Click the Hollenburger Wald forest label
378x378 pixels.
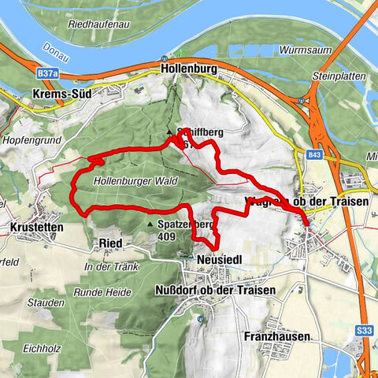click(x=136, y=181)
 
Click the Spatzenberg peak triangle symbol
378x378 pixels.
click(x=151, y=224)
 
